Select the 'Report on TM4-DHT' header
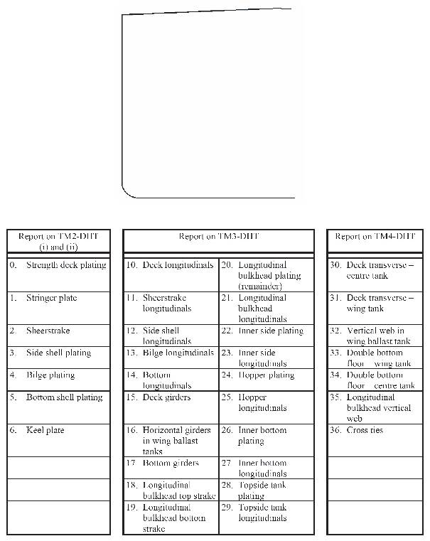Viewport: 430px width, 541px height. click(x=375, y=237)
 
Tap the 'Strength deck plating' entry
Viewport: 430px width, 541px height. click(x=65, y=265)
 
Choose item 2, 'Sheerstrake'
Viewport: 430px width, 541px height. click(x=48, y=331)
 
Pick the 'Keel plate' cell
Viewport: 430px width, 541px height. click(x=46, y=430)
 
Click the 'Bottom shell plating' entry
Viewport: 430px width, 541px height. click(x=64, y=397)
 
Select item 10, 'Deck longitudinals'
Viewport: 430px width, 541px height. click(x=178, y=265)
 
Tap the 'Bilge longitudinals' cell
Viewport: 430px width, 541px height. click(x=178, y=353)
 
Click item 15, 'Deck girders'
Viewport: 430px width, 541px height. click(x=166, y=397)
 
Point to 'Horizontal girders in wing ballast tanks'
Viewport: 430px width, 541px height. click(x=176, y=441)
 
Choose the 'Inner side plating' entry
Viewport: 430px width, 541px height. click(x=270, y=331)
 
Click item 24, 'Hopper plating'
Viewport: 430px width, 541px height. click(x=266, y=375)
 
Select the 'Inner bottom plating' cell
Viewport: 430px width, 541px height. click(x=262, y=435)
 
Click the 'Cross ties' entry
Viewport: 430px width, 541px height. click(x=366, y=430)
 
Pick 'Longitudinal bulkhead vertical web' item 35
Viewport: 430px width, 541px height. click(x=375, y=408)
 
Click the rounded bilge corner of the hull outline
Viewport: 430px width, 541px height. click(x=128, y=191)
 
